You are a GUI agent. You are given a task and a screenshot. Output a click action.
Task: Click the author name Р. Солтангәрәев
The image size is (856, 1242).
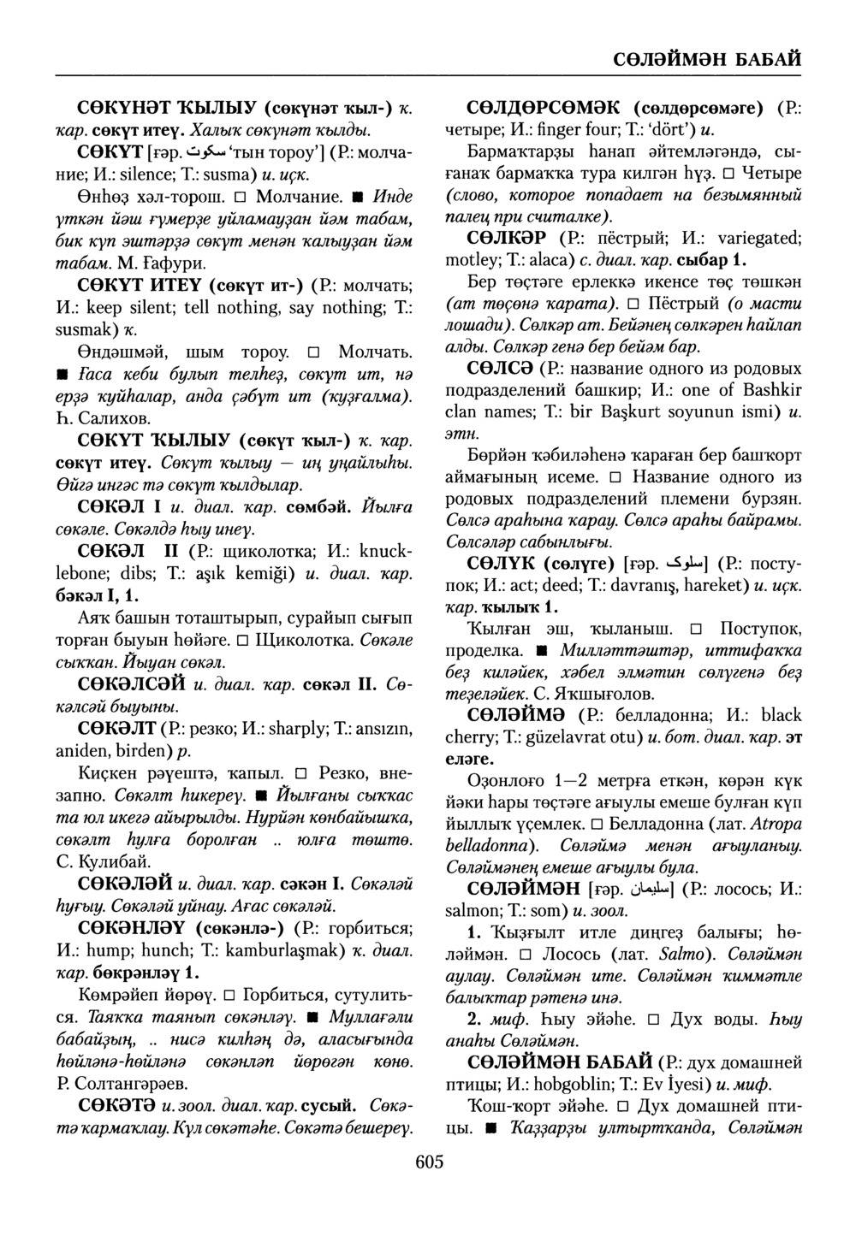tap(116, 1085)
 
